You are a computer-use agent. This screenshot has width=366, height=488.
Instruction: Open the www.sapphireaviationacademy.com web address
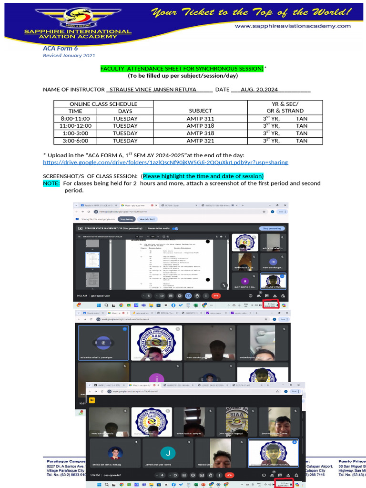point(293,26)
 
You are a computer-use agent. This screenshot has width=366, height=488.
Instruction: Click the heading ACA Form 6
point(61,48)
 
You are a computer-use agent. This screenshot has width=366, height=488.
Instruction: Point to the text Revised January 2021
point(69,56)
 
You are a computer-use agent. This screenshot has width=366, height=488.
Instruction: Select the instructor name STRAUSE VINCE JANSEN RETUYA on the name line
point(153,90)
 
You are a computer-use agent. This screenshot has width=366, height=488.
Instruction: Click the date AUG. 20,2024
point(259,90)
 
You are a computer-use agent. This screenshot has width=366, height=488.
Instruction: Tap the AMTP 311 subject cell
point(200,119)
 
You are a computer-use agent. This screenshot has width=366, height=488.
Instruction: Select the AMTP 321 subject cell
point(200,141)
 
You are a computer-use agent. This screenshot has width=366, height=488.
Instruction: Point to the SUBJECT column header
point(200,111)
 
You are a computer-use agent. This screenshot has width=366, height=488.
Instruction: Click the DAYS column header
point(125,111)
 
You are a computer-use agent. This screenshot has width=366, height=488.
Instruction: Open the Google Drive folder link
point(165,162)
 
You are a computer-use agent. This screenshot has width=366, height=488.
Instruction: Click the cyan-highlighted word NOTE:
point(51,183)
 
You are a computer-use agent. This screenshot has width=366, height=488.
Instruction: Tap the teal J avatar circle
point(167,453)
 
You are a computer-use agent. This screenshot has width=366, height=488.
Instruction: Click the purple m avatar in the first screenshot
point(273,262)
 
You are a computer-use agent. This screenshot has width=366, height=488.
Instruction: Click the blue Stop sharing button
point(126,219)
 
